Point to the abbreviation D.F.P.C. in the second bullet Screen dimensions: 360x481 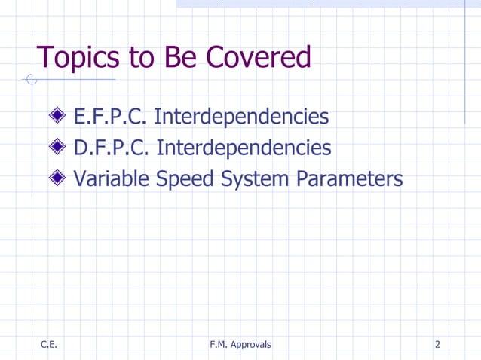[x=112, y=148]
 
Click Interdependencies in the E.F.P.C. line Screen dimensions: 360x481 [x=241, y=117]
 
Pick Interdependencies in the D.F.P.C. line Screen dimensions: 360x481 [x=244, y=148]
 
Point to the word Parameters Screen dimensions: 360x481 [x=350, y=179]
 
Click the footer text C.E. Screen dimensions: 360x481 [x=49, y=345]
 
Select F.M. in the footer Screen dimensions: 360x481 [x=221, y=345]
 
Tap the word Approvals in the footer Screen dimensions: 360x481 [x=253, y=345]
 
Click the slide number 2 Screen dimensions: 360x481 [x=437, y=345]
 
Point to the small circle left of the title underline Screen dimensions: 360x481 [x=31, y=79]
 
